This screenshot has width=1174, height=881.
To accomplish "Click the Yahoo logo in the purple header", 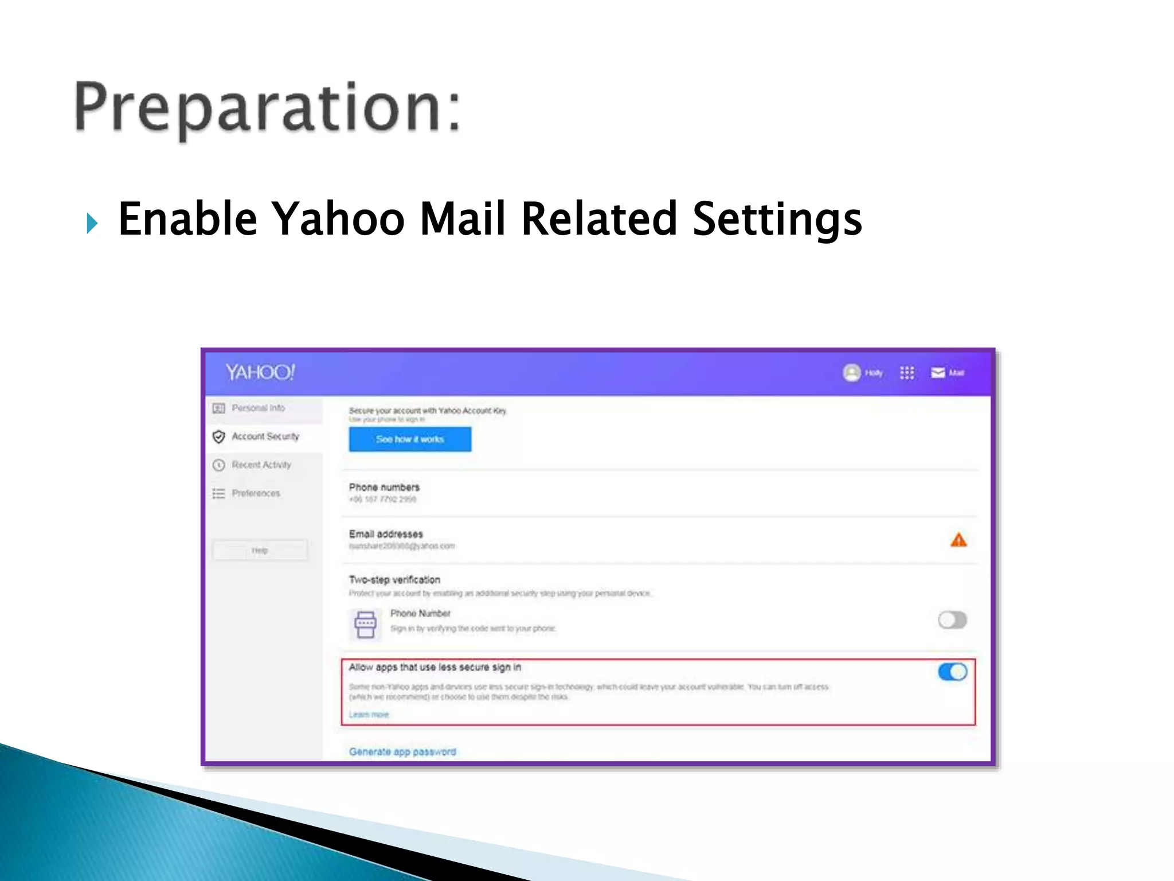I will tap(260, 373).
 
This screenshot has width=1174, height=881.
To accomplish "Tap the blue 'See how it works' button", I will tap(410, 439).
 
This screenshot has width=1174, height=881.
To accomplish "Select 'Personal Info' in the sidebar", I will tap(258, 408).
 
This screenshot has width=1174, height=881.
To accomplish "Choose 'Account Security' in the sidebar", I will tap(265, 436).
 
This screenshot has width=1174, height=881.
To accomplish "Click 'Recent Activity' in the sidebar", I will tap(261, 465).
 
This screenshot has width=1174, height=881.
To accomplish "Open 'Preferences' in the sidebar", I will tap(256, 493).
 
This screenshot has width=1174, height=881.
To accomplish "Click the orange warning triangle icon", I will tap(958, 540).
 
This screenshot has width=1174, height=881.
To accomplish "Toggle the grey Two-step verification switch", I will tap(952, 620).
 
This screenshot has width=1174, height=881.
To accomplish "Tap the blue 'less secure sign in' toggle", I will tap(952, 672).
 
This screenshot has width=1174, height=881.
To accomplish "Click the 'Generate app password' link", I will tap(402, 751).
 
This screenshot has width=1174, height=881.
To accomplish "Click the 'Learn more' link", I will tap(369, 715).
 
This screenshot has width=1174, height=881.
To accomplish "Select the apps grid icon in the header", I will tap(907, 373).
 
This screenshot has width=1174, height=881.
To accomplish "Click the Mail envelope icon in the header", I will tap(938, 373).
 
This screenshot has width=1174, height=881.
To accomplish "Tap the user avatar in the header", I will tap(852, 373).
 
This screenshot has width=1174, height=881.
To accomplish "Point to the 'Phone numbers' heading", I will tap(384, 487).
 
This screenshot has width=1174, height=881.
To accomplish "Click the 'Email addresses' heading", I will tap(386, 534).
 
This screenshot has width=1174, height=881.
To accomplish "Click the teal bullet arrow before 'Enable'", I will tap(92, 223).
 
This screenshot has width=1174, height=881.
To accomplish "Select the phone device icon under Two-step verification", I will tap(365, 624).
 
